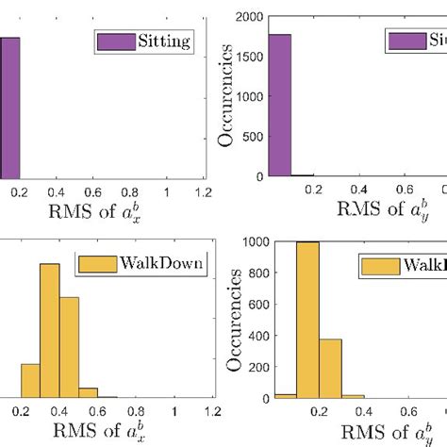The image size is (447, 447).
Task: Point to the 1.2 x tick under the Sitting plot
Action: click(203, 191)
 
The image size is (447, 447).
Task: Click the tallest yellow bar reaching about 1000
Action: click(307, 321)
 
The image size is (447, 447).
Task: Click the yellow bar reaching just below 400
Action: click(330, 369)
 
